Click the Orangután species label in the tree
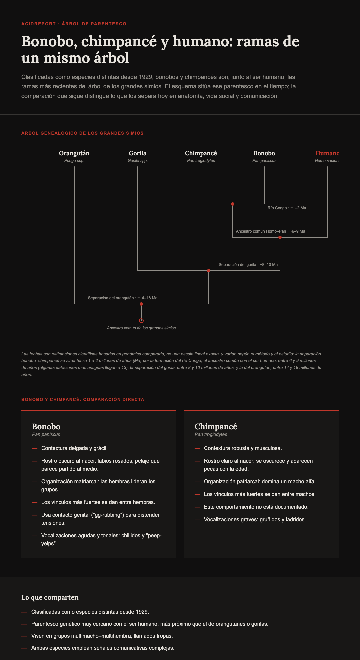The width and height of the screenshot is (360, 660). click(74, 153)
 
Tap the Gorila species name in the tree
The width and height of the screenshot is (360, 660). click(138, 153)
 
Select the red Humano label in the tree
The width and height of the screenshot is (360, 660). click(327, 153)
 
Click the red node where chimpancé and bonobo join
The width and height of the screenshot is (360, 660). click(233, 204)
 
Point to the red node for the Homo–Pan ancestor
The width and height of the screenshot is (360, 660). click(280, 237)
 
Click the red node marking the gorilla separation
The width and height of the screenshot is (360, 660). click(209, 271)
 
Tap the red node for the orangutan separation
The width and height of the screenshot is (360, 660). click(141, 304)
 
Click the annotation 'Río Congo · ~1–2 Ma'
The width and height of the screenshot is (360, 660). click(287, 208)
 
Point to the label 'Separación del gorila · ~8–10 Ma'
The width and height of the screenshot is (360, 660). click(248, 265)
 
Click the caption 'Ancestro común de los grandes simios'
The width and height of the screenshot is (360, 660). click(141, 328)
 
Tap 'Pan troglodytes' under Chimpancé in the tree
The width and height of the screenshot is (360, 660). click(201, 161)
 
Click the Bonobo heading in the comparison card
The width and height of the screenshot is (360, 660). click(46, 427)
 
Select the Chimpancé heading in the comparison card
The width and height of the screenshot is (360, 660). click(216, 427)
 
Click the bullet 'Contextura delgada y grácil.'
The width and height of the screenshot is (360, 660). click(74, 448)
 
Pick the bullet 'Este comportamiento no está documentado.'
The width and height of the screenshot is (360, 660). click(256, 507)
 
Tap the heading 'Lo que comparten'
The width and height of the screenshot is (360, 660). click(50, 597)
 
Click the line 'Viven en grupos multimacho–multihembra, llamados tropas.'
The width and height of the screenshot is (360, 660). click(102, 636)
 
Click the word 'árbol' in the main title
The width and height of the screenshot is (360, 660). click(112, 58)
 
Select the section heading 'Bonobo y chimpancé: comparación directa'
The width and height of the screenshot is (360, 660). click(83, 399)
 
